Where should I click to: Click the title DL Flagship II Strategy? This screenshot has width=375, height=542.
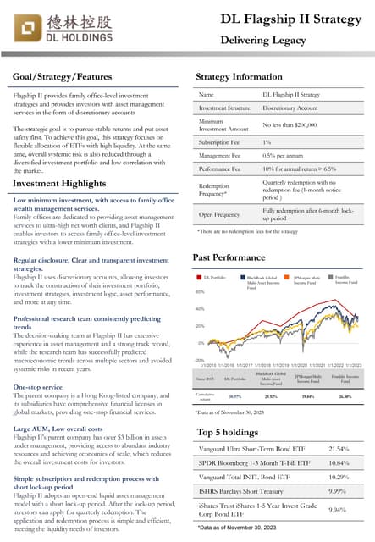(291, 19)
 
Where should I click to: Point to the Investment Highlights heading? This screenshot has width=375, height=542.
(59, 183)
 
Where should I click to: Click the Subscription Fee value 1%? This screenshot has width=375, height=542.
(267, 141)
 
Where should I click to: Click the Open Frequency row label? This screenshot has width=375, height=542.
(219, 214)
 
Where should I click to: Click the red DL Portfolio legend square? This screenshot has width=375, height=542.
(199, 277)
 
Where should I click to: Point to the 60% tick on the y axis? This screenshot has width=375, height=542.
(200, 291)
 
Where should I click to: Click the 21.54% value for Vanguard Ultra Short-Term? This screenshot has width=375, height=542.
(339, 448)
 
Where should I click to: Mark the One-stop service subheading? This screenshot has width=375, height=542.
(39, 386)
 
